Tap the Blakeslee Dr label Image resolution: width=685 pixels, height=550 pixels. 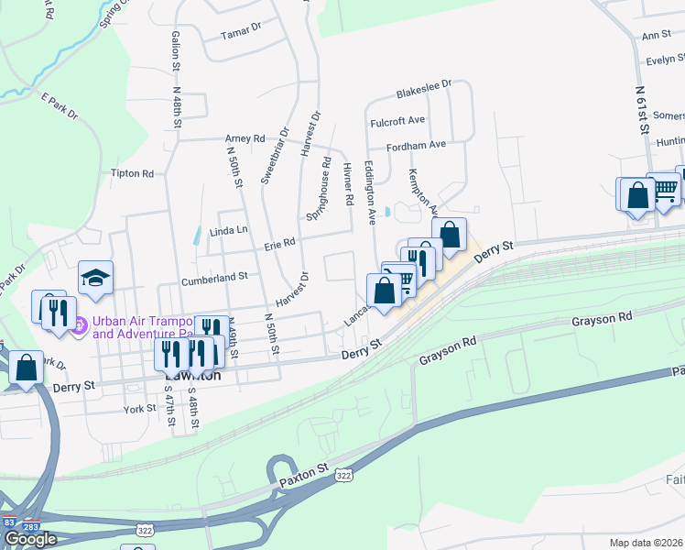(424, 89)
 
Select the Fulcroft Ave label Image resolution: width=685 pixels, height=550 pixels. (397, 120)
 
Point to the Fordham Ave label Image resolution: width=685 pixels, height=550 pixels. (416, 145)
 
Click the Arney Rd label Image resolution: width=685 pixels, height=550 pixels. (245, 138)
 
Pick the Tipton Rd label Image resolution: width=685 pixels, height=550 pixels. (131, 172)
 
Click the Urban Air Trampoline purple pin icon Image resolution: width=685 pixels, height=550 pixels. (80, 324)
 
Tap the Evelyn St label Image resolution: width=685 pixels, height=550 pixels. (665, 60)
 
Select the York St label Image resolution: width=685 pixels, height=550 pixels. (140, 409)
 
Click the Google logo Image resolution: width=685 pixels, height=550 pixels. (30, 539)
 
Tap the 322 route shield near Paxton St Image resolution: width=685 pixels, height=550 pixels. (343, 477)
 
